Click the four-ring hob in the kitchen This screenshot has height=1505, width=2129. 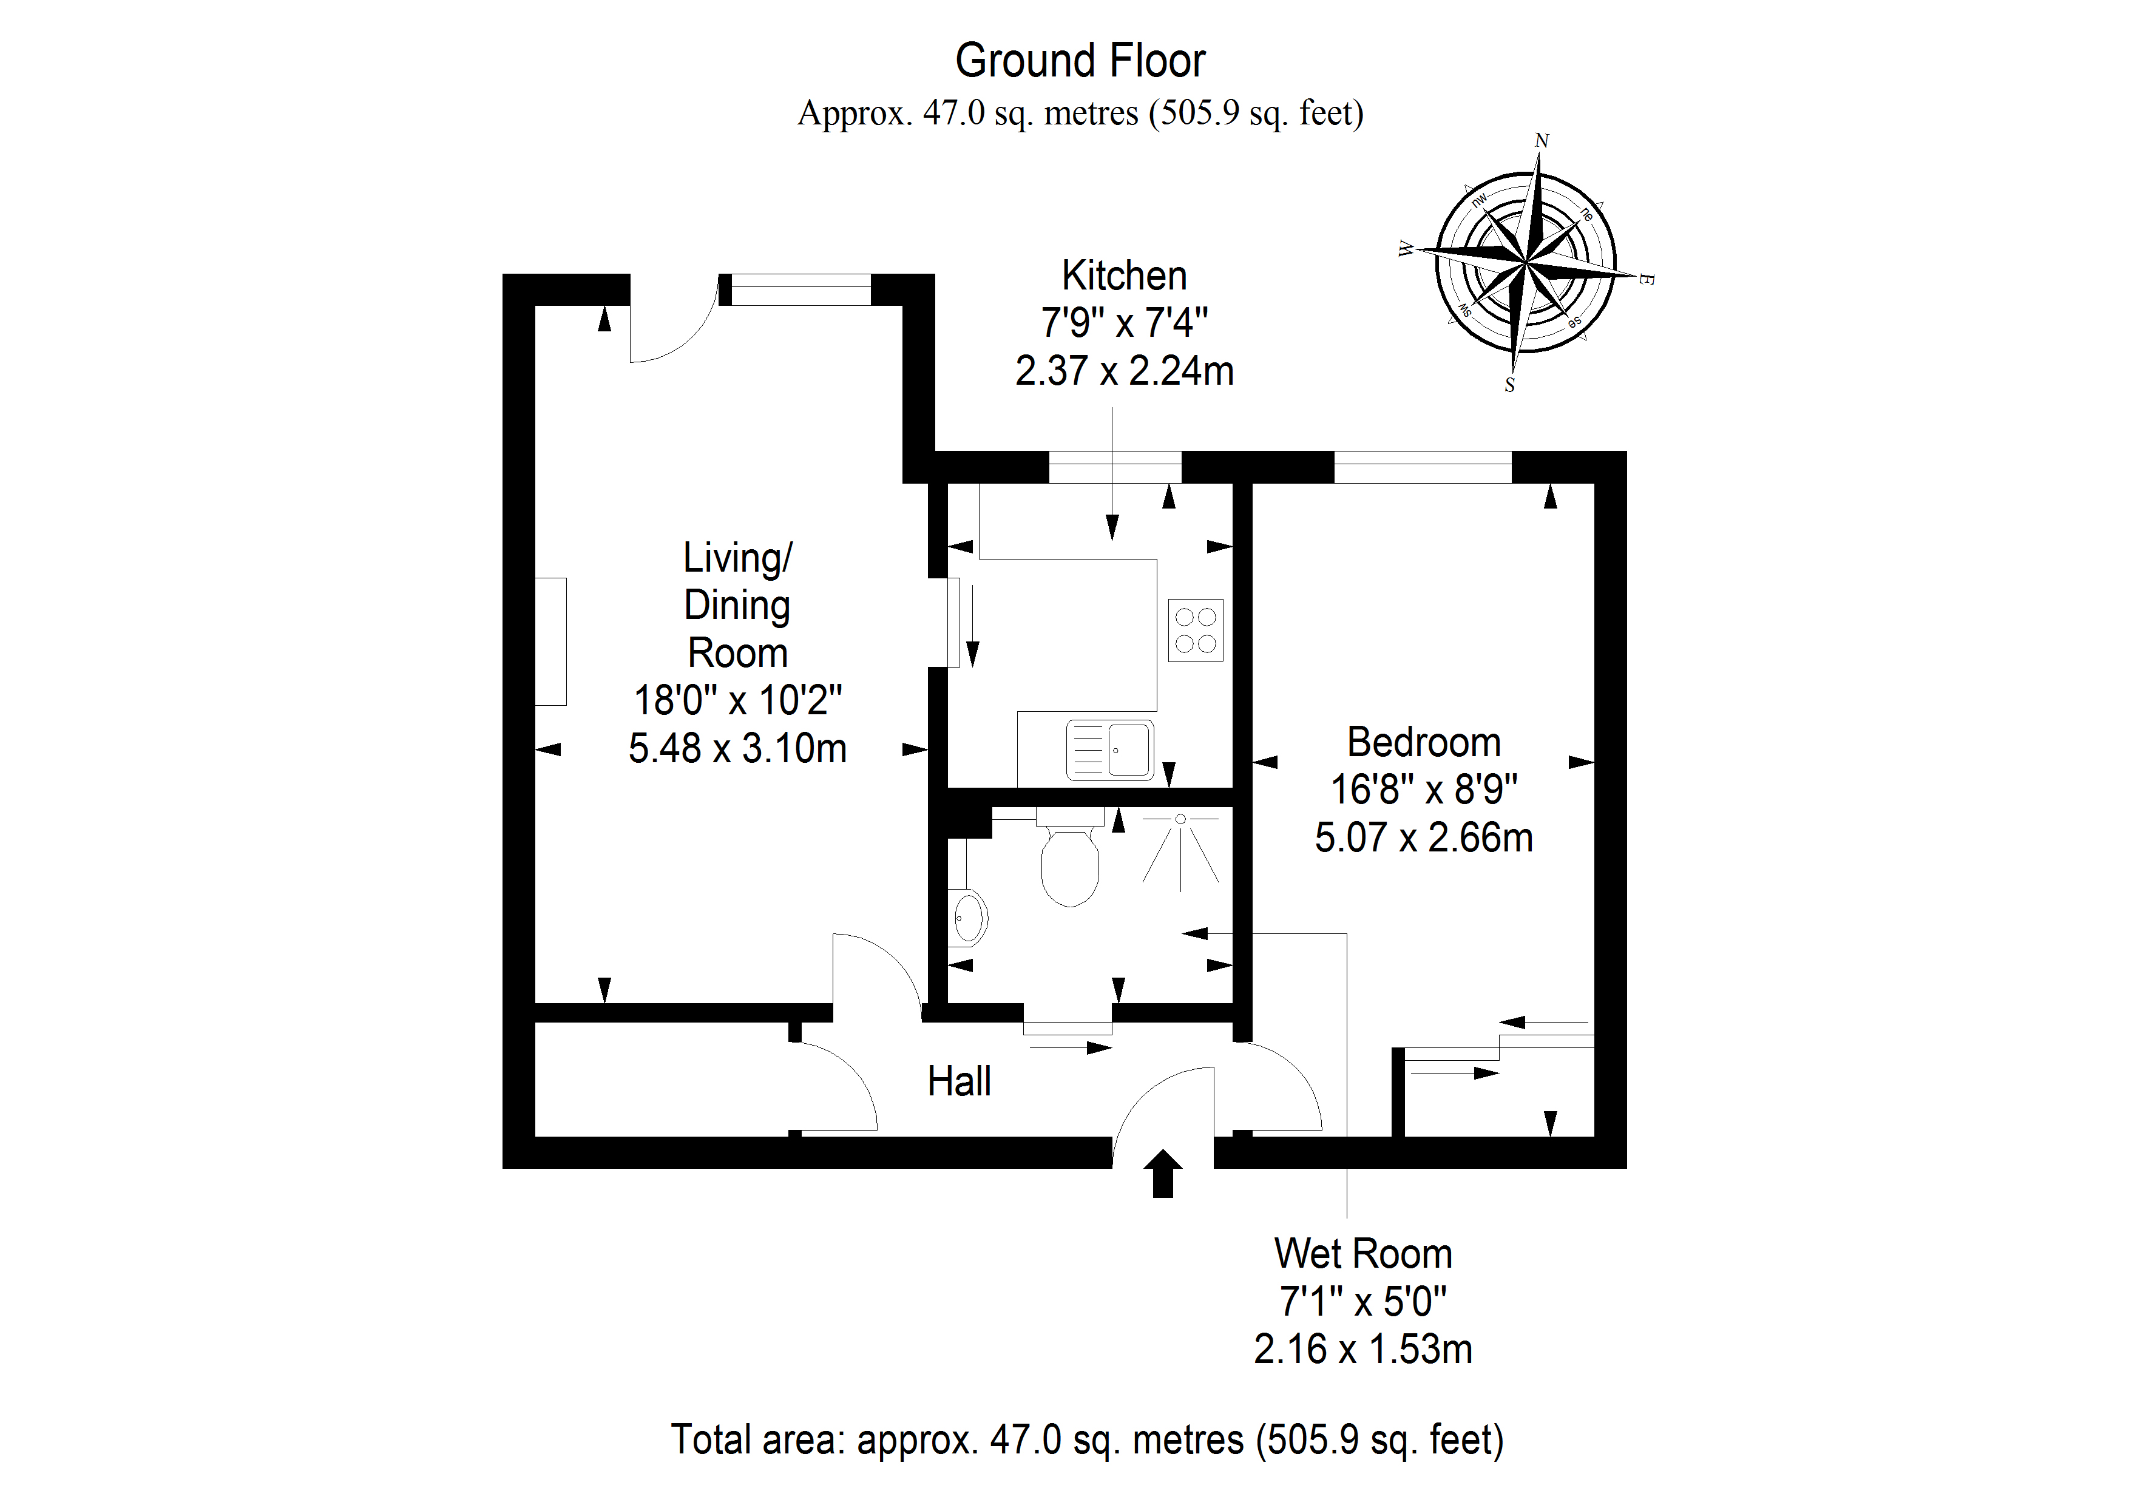(x=1195, y=631)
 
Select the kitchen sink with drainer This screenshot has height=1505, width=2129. (x=1110, y=749)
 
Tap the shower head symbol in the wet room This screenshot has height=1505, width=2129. (x=1180, y=820)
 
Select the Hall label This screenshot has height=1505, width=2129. (x=959, y=1081)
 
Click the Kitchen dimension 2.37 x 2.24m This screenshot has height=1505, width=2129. (x=1124, y=371)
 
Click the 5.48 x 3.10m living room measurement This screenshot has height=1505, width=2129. (x=737, y=748)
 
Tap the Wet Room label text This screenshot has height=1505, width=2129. (x=1362, y=1254)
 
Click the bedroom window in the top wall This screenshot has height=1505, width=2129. (x=1423, y=467)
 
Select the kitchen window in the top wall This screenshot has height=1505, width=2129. (x=1115, y=467)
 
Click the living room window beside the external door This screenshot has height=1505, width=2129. (x=796, y=289)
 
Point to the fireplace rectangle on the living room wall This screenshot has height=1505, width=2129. (x=551, y=641)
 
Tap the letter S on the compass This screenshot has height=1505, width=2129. (x=1509, y=385)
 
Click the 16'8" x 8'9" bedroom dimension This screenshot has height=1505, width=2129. (x=1423, y=790)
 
